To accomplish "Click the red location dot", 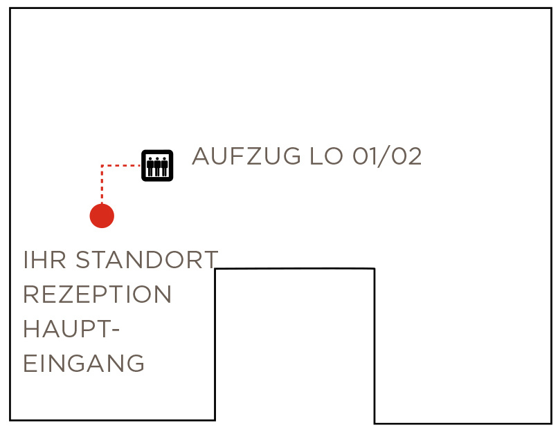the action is (x=102, y=216).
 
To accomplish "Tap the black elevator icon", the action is (x=157, y=166).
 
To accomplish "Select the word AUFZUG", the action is (x=246, y=156).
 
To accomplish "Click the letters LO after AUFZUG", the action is (x=326, y=156).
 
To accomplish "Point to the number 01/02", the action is (x=387, y=156).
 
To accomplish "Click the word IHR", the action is (x=45, y=260).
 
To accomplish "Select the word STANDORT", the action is (x=147, y=260).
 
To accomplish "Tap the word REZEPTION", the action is (x=97, y=294).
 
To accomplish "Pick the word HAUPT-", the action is (x=71, y=328).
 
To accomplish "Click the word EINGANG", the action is (x=84, y=363).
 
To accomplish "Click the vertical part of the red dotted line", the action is (x=102, y=185).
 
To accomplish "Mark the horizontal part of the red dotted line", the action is (x=121, y=165).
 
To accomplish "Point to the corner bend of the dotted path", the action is (x=102, y=165).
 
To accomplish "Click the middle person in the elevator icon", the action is (x=157, y=167).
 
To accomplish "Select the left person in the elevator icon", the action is (x=150, y=167).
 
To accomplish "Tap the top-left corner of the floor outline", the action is (x=10, y=8).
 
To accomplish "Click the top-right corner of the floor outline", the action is (x=552, y=8).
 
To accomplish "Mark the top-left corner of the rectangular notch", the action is (x=215, y=269).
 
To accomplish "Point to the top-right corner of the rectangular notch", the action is (x=375, y=269).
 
